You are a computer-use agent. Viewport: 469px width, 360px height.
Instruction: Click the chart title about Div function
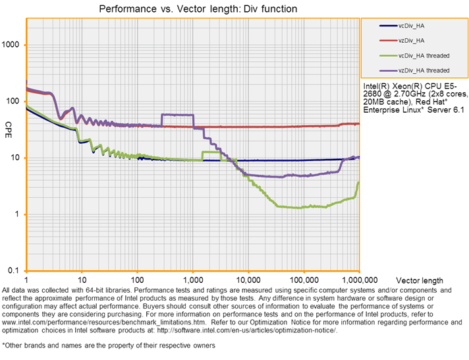[x=198, y=9]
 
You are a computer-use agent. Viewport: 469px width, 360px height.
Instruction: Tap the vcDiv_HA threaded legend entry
[x=424, y=55]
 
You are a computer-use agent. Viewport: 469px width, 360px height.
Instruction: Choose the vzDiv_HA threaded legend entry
[x=424, y=69]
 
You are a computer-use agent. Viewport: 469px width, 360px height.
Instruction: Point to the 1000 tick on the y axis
[x=13, y=45]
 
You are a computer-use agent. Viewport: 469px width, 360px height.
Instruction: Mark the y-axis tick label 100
[x=14, y=102]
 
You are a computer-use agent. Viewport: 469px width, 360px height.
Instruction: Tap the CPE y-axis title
[x=9, y=125]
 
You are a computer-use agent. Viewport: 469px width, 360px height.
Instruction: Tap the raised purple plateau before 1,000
[x=177, y=115]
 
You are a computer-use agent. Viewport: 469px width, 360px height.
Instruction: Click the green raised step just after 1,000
[x=211, y=152]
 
